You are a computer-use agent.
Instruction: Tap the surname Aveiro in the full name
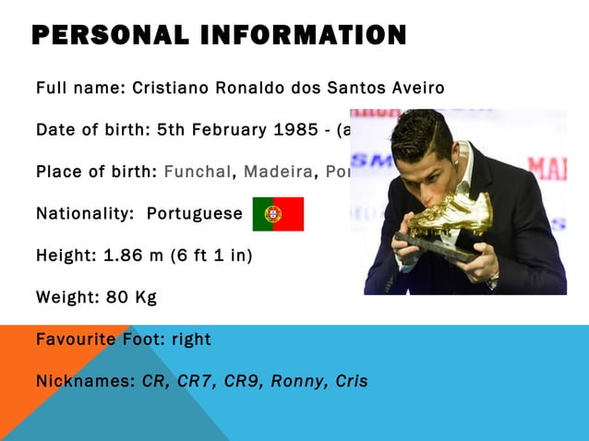412,89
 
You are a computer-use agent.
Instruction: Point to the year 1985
295,130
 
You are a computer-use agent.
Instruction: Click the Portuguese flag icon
278,214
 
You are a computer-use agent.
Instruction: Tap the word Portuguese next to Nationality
194,214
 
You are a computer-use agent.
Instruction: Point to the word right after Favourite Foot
191,340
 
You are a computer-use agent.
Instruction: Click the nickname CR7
195,381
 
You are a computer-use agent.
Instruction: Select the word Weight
66,297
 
